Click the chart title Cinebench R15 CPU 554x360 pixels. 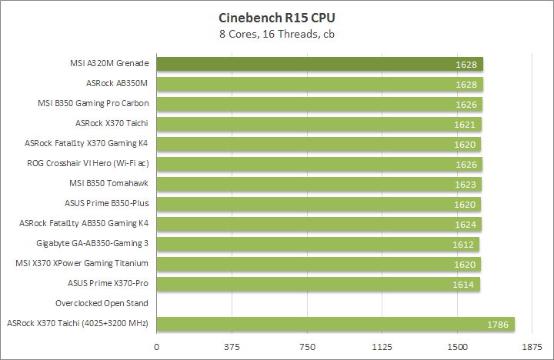277,17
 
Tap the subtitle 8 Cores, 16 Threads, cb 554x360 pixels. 277,34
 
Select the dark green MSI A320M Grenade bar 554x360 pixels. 320,64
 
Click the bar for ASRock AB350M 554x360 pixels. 320,84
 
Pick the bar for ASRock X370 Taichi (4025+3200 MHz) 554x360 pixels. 335,324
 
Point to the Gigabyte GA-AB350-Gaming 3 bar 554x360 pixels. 318,244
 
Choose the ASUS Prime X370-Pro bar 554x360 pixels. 319,284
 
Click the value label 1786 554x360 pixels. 498,325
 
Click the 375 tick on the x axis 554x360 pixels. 232,347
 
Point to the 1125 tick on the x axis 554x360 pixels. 382,347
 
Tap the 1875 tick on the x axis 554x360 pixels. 532,347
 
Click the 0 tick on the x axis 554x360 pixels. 157,347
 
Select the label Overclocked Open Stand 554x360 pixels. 102,304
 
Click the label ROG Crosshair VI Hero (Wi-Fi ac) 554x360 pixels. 87,164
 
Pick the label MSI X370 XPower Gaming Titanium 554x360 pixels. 82,264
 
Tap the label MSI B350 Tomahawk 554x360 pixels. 108,184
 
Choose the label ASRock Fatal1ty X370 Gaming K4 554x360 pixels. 86,144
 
